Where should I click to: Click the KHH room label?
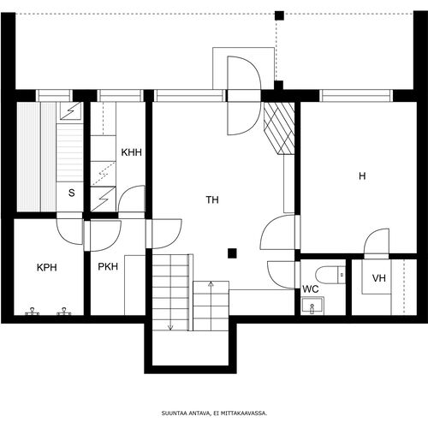click(x=131, y=152)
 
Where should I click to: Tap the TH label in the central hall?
click(x=212, y=200)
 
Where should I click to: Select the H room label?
click(x=362, y=176)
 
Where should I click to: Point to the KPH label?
click(x=47, y=268)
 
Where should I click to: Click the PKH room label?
click(x=108, y=267)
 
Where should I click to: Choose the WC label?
click(x=311, y=289)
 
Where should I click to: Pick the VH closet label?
click(x=379, y=278)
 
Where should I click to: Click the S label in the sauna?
click(x=71, y=193)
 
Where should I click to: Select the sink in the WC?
click(x=312, y=306)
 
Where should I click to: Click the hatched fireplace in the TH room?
click(x=279, y=128)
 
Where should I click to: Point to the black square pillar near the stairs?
click(x=232, y=253)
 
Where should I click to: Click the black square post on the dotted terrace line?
click(x=279, y=15)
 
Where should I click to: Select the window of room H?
click(x=356, y=96)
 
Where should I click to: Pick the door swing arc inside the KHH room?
click(x=132, y=199)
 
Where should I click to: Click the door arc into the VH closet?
click(x=377, y=241)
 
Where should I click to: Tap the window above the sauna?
click(x=55, y=96)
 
